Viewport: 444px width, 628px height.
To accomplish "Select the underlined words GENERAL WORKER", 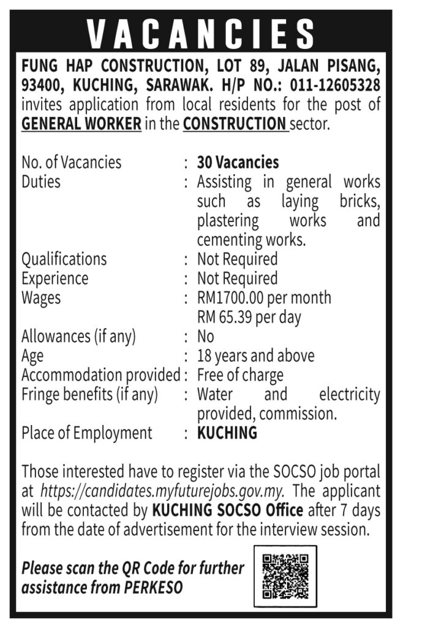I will (x=81, y=124).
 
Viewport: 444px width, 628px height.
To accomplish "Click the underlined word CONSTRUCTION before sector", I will (x=235, y=124).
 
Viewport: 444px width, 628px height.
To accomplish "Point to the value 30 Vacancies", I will (x=238, y=163).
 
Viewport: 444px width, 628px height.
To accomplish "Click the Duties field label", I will (x=41, y=182).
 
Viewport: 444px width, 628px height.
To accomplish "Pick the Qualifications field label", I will (x=64, y=259).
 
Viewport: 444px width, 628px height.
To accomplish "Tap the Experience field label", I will (x=55, y=278).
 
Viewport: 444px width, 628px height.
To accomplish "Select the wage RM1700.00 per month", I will (x=264, y=298).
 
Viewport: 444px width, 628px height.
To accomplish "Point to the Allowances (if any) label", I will (x=78, y=337).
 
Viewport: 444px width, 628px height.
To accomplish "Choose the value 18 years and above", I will (x=255, y=356).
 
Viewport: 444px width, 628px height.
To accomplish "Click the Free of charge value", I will (x=240, y=375).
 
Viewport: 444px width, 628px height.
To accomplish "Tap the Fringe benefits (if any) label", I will (x=89, y=395).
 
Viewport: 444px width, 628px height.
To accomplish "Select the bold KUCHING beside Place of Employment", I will (x=227, y=433).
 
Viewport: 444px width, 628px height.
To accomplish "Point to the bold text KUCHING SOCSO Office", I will (x=227, y=510).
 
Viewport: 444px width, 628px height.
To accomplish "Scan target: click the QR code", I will (x=285, y=576).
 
